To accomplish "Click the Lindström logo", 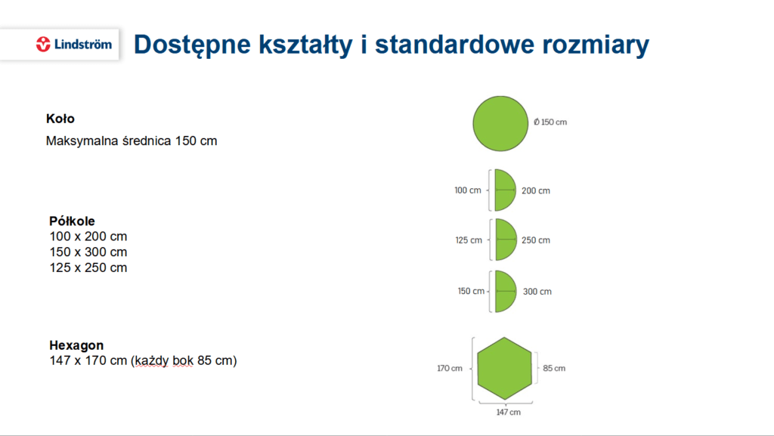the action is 74,45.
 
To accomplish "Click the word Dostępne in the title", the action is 192,45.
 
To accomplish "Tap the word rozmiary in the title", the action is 596,45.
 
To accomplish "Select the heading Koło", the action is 60,119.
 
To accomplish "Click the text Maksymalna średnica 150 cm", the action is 132,141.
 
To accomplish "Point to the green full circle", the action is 500,123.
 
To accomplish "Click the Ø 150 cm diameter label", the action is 550,122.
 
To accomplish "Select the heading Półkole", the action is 72,221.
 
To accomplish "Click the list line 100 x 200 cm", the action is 88,237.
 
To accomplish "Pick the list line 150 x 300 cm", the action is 88,252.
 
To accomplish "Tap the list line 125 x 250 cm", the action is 88,267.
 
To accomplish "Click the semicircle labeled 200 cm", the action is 505,190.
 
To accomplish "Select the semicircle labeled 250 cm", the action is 506,240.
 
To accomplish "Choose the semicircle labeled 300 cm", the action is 506,291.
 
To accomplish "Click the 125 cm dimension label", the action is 469,240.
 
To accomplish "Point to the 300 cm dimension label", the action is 537,292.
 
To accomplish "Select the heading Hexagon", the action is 76,345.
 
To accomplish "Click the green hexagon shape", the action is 504,369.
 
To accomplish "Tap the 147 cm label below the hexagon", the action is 509,413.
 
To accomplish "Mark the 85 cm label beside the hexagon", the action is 554,368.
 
